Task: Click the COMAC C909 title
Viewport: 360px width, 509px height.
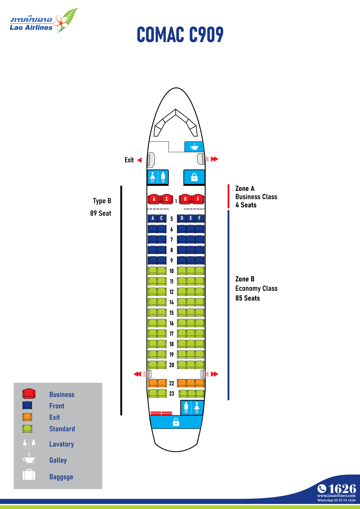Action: (180, 34)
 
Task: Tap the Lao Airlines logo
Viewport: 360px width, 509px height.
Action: (44, 20)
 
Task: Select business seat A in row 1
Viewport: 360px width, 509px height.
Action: (154, 199)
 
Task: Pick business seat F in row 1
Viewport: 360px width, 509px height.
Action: (198, 199)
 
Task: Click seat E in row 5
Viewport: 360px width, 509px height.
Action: (191, 218)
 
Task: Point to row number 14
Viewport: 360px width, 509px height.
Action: (172, 302)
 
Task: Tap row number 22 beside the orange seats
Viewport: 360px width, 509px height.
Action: (172, 383)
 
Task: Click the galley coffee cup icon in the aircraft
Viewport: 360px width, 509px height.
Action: (194, 147)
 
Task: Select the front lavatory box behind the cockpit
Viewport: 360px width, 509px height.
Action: (158, 177)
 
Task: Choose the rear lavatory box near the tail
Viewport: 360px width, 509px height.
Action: (192, 408)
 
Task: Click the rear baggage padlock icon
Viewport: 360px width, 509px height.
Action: (176, 422)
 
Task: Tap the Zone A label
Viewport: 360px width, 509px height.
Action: (245, 189)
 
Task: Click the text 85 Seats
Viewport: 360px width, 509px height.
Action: (247, 298)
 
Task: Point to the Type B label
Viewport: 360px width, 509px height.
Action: (102, 201)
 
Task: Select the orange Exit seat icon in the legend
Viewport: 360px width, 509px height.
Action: (27, 417)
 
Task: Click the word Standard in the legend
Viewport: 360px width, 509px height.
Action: (62, 429)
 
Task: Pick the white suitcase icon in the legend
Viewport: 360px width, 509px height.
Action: (29, 475)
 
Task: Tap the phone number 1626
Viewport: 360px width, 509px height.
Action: (342, 489)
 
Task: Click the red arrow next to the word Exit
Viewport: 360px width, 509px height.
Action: (139, 160)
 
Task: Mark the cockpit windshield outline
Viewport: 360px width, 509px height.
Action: (175, 123)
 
